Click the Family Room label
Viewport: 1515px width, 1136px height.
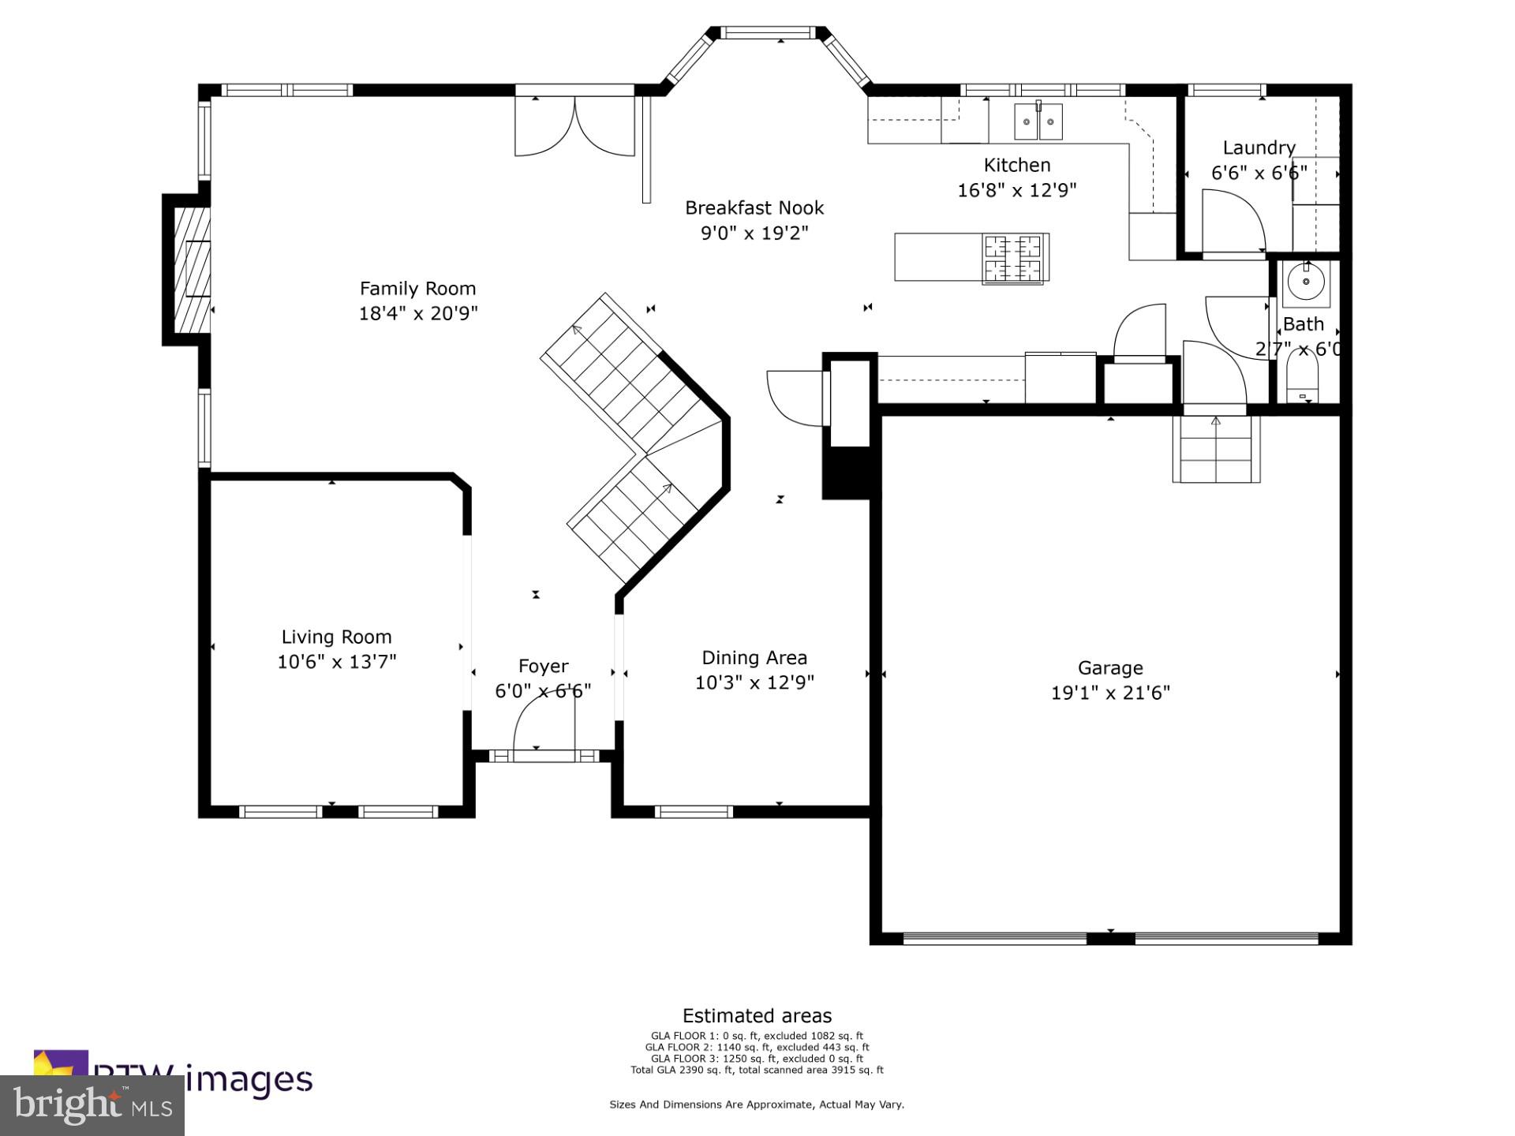417,289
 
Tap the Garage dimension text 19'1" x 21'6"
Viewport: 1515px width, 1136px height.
1110,693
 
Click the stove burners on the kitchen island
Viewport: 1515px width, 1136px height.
1016,259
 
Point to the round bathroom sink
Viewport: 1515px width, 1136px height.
1306,282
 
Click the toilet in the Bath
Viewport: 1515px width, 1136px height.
1302,383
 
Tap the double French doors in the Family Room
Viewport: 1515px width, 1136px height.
574,126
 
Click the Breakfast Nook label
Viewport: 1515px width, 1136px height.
754,207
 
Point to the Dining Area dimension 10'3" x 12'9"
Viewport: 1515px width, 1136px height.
754,682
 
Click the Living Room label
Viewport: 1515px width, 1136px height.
336,637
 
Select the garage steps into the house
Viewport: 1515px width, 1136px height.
1216,450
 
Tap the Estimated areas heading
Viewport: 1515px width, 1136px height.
757,1015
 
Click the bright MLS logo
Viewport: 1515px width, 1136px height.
92,1104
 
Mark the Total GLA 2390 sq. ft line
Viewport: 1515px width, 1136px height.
757,1071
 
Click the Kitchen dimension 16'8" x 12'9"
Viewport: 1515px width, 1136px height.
1016,190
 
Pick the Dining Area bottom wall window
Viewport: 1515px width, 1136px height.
694,811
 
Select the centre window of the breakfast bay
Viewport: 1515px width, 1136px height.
768,32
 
